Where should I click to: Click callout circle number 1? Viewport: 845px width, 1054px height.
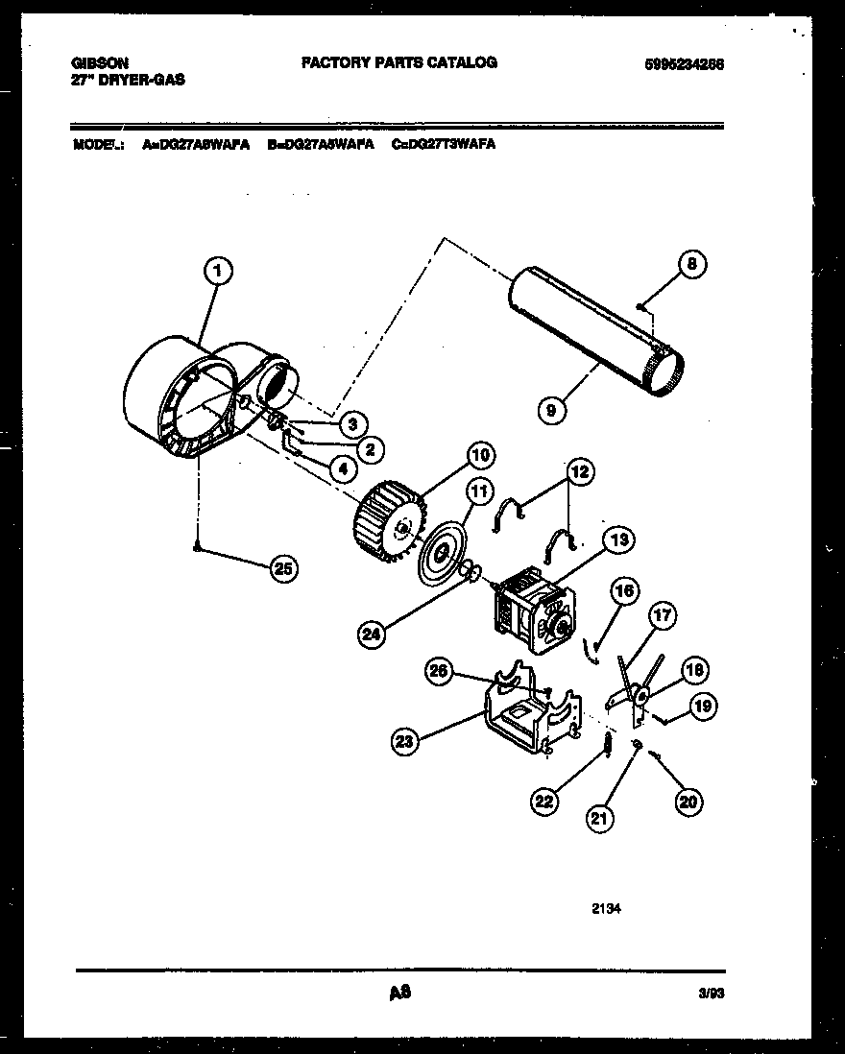point(218,273)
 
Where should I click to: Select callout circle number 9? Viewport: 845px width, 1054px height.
point(550,410)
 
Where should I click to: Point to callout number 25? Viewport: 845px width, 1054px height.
point(281,569)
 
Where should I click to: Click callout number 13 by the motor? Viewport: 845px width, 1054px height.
point(619,540)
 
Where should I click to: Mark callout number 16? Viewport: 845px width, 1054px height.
point(624,592)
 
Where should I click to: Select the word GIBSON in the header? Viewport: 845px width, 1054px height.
point(100,63)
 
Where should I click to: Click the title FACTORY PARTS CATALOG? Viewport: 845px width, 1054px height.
point(399,62)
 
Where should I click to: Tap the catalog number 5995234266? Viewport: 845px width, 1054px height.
point(684,64)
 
